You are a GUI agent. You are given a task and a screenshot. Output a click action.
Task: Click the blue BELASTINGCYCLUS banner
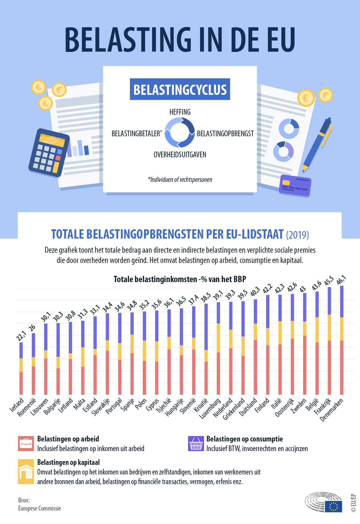[x=180, y=89]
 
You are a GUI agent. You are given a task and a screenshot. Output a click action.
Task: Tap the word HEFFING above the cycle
[x=180, y=112]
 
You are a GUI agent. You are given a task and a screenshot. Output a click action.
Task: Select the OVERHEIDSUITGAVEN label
[x=180, y=155]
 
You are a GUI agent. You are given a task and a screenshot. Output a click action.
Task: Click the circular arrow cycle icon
[x=180, y=132]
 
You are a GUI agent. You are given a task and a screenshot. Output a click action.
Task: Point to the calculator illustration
[x=49, y=152]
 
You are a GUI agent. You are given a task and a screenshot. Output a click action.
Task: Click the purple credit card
[x=295, y=185]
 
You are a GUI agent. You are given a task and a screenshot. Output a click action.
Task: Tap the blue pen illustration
[x=317, y=144]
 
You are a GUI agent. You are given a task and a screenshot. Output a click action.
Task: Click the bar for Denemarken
[x=341, y=341]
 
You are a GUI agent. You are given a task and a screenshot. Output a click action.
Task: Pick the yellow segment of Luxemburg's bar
[x=218, y=338]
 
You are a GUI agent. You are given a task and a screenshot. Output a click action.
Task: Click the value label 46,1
[x=341, y=280]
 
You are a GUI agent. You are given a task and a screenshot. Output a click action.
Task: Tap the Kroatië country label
[x=201, y=405]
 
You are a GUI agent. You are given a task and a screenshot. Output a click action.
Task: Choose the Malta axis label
[x=79, y=404]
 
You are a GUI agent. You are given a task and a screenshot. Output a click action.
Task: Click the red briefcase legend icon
[x=26, y=443]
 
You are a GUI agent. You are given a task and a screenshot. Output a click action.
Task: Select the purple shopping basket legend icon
[x=196, y=443]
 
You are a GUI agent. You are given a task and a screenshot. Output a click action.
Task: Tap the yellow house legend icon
[x=26, y=471]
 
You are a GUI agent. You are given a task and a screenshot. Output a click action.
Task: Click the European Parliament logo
[x=323, y=502]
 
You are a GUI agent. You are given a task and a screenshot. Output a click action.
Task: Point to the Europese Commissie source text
[x=40, y=508]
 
